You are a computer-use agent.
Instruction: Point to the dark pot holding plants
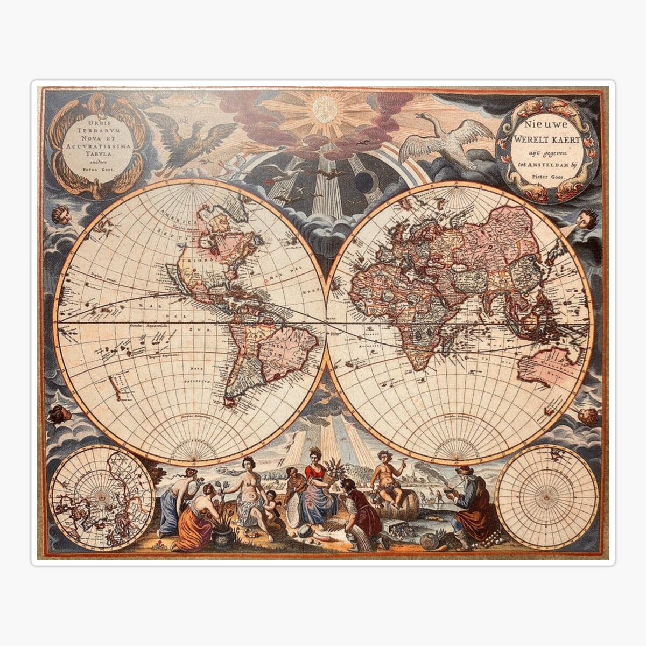tap(223, 536)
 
